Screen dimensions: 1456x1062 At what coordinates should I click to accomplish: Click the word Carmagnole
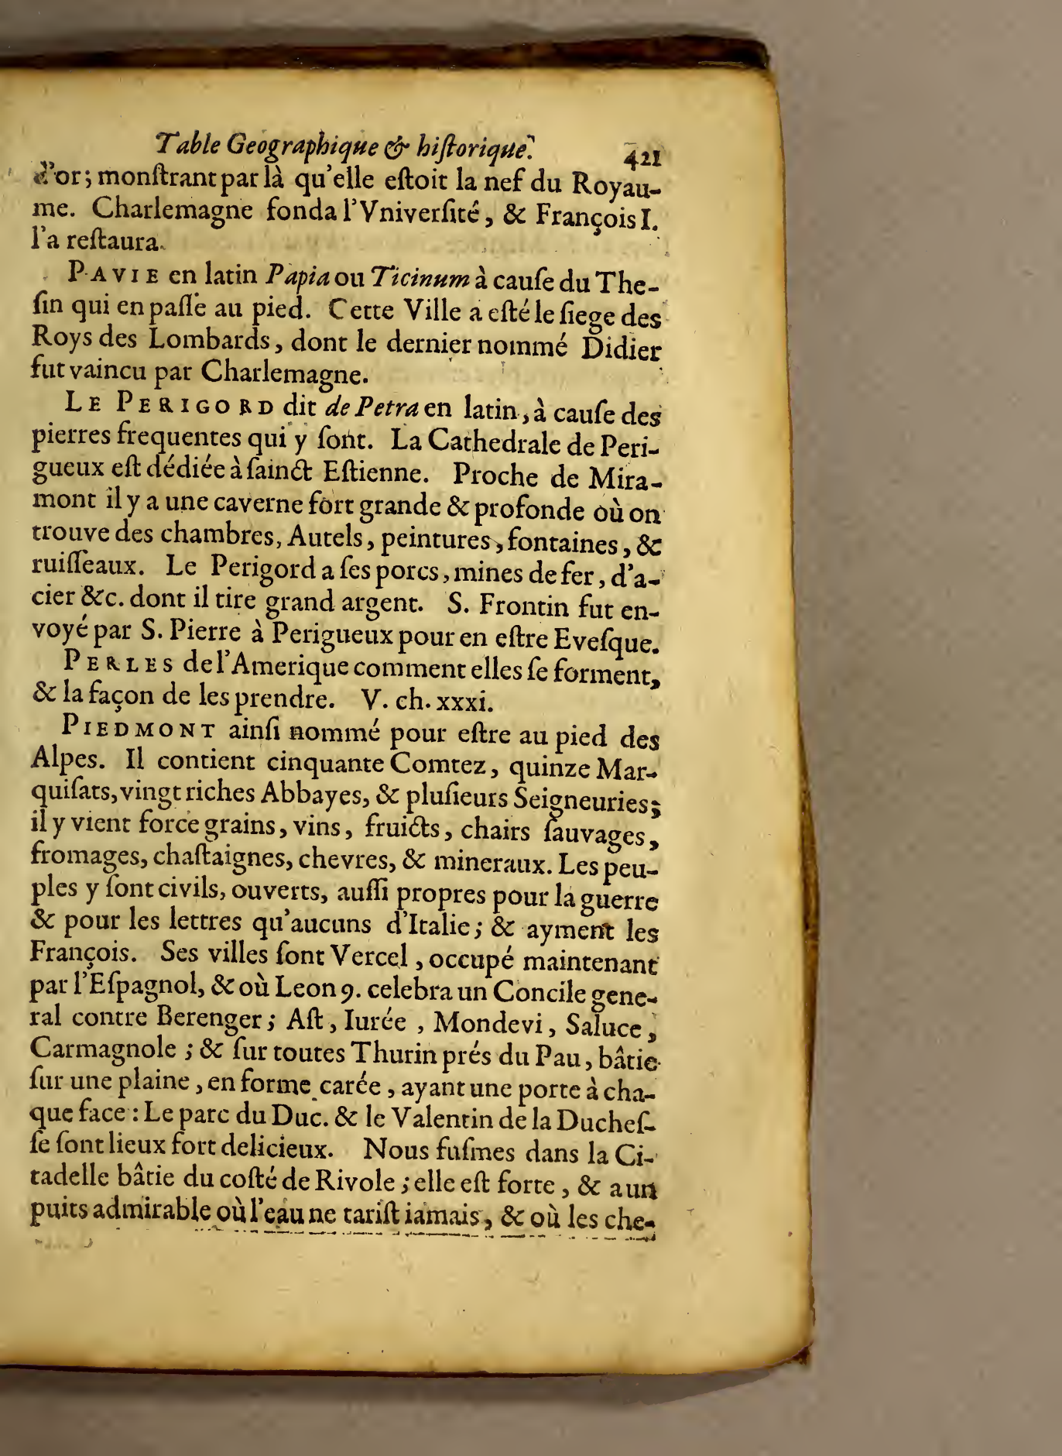103,1048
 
